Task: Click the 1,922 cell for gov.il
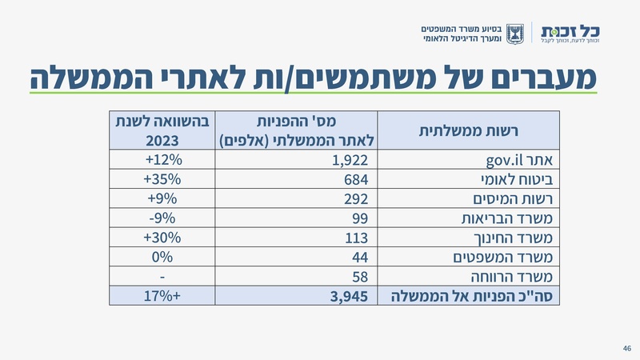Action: coord(350,159)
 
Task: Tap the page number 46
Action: coord(626,348)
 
